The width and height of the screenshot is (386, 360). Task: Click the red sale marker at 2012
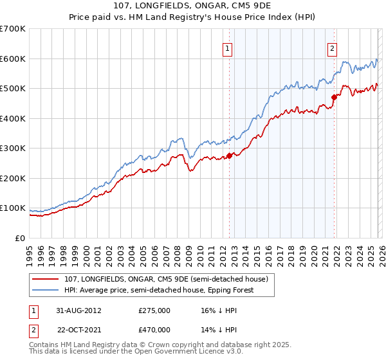230,156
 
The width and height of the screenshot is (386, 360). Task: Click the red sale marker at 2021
334,98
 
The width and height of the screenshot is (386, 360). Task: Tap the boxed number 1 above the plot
228,47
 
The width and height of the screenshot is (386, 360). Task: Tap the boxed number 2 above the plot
333,47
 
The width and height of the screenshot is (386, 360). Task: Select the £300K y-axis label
13,148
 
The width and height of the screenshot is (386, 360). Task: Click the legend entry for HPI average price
158,290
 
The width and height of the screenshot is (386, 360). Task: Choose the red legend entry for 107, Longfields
169,279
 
